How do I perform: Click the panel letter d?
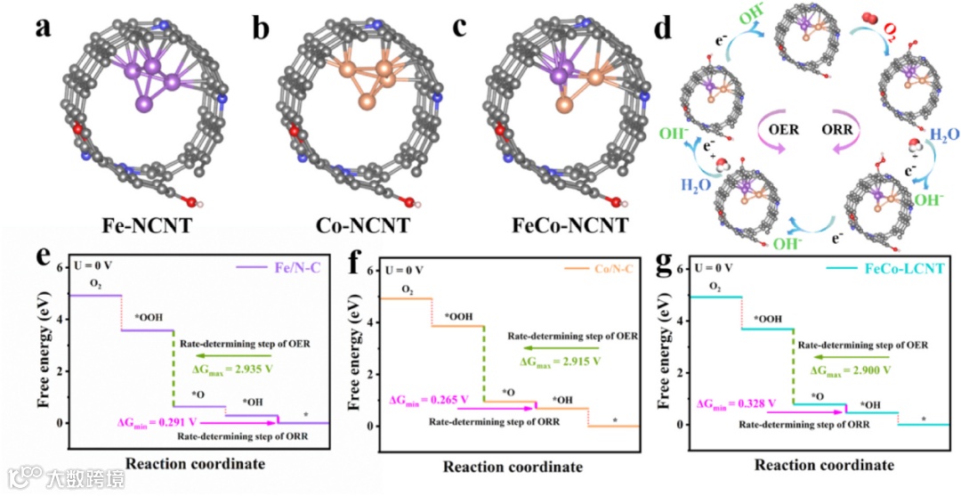(662, 28)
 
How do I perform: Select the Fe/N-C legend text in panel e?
(285, 267)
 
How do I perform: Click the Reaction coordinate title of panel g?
(824, 465)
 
